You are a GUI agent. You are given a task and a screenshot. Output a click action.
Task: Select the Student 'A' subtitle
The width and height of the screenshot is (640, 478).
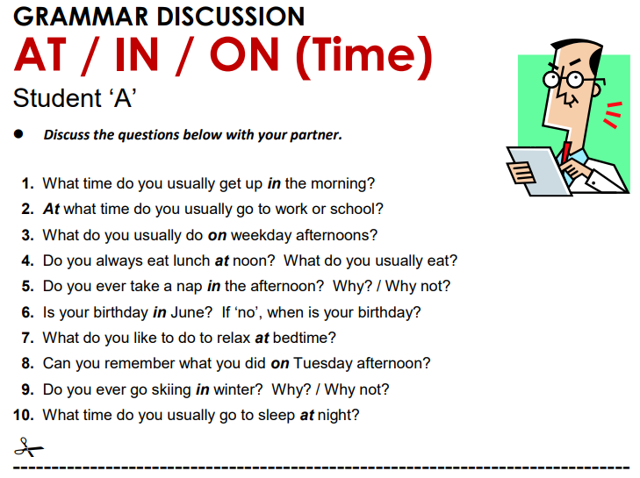pos(74,98)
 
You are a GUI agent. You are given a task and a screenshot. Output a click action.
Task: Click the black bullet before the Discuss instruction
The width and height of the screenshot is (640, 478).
pos(19,135)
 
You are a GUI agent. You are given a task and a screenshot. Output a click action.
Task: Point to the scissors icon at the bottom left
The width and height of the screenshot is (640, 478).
pos(28,447)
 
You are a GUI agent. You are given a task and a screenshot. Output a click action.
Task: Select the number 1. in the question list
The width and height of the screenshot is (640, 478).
pos(27,184)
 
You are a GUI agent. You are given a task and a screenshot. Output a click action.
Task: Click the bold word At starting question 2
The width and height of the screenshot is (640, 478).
pos(51,210)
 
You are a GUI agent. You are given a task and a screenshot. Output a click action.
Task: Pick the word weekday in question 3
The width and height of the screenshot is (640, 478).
pos(260,235)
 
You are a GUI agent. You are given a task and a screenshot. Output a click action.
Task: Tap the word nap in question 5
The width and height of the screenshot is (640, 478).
pos(189,286)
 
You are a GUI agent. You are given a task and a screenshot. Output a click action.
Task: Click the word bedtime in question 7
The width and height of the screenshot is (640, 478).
pos(305,337)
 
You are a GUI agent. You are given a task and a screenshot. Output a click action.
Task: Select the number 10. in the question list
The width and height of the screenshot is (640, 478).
pos(24,414)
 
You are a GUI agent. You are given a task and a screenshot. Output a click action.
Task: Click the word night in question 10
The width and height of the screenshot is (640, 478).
pos(339,414)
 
